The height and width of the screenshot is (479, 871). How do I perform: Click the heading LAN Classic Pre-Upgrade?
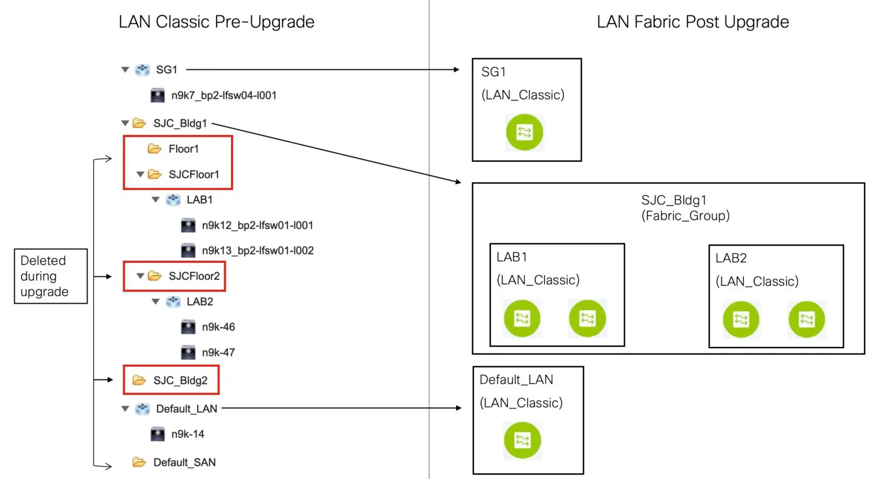point(216,22)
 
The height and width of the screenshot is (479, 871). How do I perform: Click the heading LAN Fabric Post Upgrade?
point(693,22)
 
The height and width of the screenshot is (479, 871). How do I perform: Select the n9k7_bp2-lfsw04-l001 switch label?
point(223,96)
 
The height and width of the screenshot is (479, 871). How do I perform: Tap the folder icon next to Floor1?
point(154,149)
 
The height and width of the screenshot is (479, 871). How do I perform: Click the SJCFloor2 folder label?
point(194,276)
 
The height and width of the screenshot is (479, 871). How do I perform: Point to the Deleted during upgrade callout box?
point(51,276)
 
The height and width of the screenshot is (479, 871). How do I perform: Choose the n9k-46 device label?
point(218,327)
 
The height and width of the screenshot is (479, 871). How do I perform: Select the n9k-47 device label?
point(218,353)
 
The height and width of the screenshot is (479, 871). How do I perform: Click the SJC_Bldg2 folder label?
point(180,381)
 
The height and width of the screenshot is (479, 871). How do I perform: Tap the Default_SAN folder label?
point(184,462)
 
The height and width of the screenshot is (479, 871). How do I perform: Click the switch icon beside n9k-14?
point(158,434)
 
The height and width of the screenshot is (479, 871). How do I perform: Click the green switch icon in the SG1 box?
point(524,132)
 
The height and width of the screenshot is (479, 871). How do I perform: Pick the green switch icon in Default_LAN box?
point(522,440)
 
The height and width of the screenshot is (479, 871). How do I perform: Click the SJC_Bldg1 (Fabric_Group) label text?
point(685,208)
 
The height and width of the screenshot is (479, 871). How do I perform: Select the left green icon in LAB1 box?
point(522,318)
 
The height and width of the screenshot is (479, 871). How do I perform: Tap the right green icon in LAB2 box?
point(807,320)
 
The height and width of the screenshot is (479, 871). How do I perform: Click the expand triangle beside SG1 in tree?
point(125,70)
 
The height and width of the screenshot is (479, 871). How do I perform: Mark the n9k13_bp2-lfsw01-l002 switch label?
point(258,251)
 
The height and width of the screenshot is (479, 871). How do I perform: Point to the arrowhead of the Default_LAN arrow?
point(458,408)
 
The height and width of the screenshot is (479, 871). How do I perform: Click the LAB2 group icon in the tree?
point(173,302)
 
